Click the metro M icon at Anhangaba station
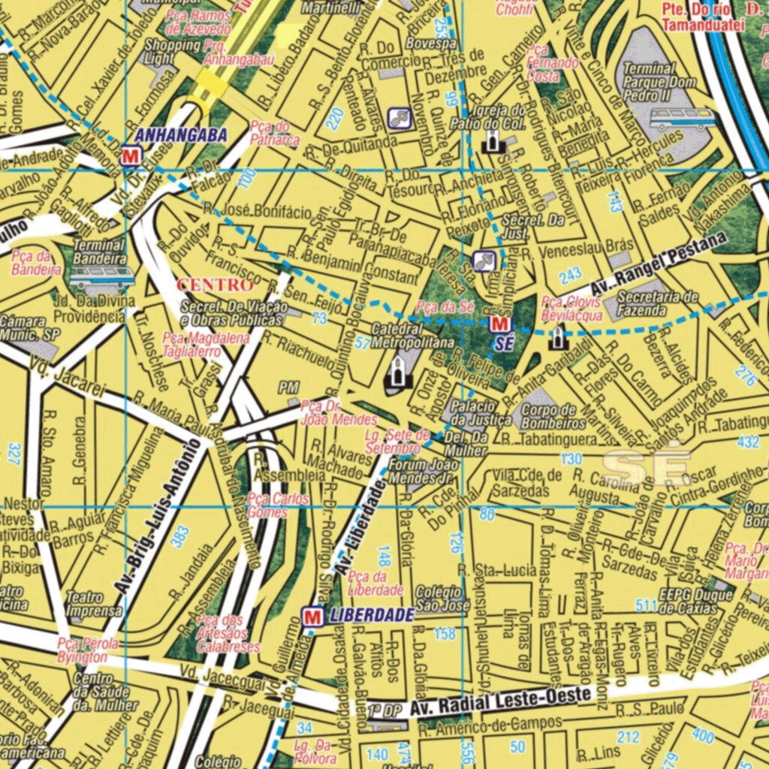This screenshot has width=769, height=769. click(130, 156)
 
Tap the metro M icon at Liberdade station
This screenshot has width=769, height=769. click(312, 617)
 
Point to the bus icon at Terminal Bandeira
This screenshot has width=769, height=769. click(101, 277)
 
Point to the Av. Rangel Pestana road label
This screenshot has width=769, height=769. click(659, 264)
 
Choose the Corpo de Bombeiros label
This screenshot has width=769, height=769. click(553, 417)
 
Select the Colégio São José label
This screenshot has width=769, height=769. click(442, 598)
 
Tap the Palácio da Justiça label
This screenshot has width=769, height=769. click(481, 412)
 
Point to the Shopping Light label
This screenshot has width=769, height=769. click(171, 51)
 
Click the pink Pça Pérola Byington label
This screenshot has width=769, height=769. click(88, 650)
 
